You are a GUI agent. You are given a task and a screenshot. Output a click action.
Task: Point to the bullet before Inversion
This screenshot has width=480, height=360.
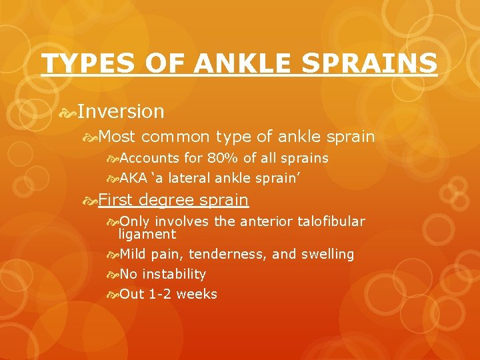67,111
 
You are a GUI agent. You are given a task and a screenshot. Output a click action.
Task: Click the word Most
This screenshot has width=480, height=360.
117,137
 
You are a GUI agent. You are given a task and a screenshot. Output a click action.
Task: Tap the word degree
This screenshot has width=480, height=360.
167,200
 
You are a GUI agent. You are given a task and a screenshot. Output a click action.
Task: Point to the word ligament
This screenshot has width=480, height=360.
147,234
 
